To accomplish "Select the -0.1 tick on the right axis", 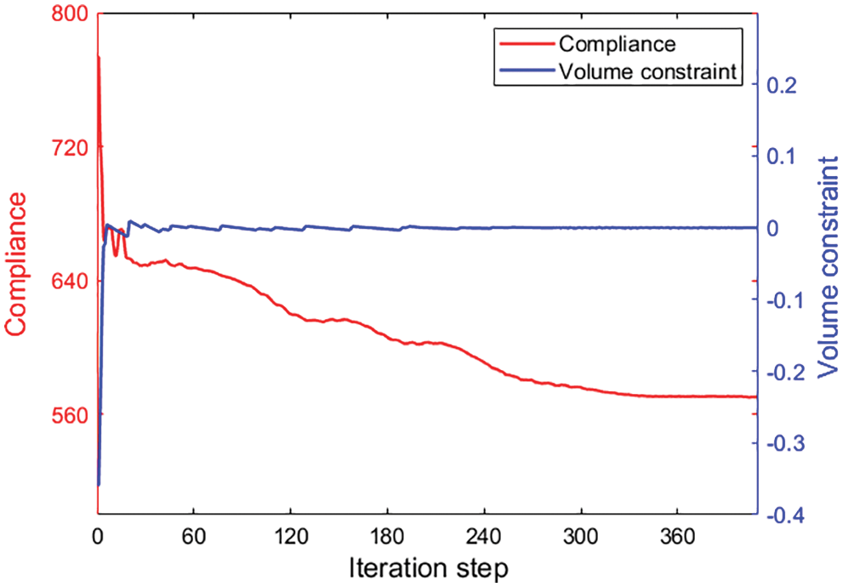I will pos(788,300).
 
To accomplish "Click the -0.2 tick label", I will pos(788,372).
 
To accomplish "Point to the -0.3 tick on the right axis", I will pos(788,443).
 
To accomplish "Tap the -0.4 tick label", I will pos(788,515).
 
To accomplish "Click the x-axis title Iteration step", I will pos(428,567).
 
